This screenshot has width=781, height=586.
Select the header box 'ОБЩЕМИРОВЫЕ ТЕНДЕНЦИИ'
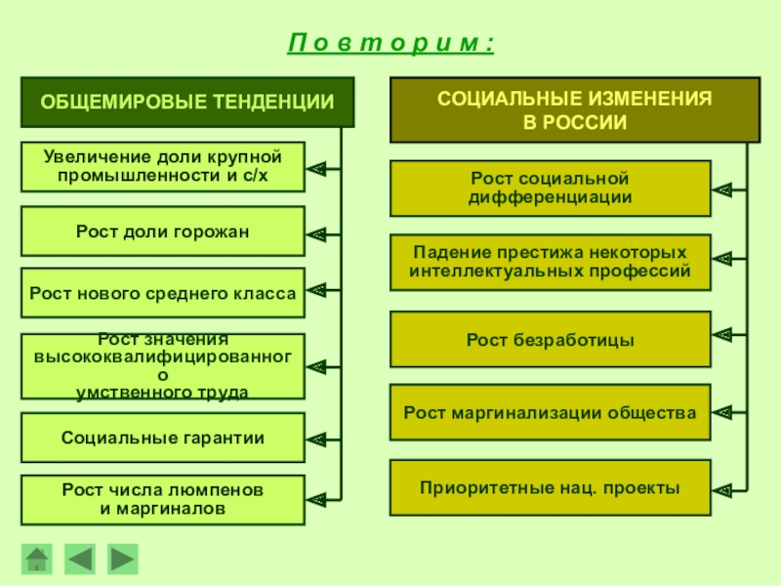(x=187, y=102)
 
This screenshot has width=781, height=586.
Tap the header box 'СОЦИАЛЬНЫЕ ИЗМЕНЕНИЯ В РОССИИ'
(x=574, y=110)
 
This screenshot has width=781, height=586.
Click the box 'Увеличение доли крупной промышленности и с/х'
(x=162, y=167)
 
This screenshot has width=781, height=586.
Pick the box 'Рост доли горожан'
(x=162, y=231)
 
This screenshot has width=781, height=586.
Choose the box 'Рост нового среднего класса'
(x=162, y=293)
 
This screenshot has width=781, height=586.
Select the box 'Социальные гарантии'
(x=162, y=438)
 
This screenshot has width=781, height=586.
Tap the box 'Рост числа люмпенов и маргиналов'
(x=162, y=499)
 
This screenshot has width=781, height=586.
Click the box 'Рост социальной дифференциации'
(x=551, y=188)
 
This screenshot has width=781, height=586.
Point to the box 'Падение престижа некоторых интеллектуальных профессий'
(x=551, y=262)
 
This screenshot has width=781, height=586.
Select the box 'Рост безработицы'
(x=551, y=339)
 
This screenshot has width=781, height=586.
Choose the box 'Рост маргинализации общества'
(x=551, y=413)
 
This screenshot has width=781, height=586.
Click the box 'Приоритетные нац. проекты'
(x=551, y=487)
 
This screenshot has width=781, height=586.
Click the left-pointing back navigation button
(x=80, y=559)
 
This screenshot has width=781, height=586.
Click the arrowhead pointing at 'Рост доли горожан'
(x=316, y=233)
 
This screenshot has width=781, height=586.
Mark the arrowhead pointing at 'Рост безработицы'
(x=722, y=334)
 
